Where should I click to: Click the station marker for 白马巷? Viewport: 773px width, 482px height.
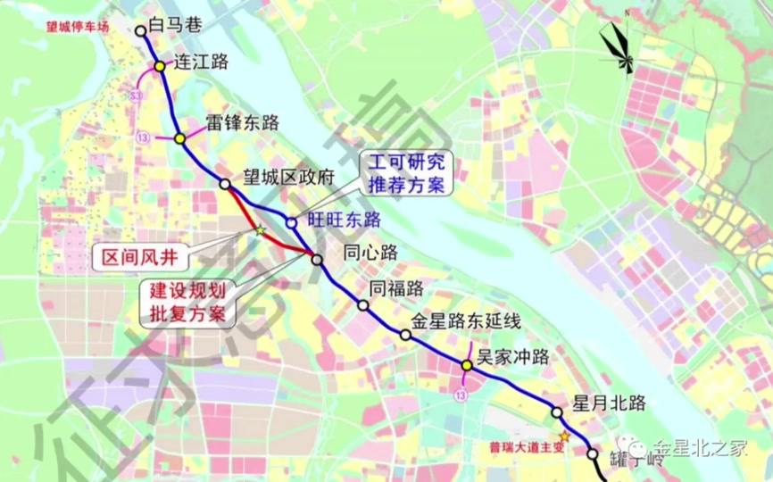[x=141, y=30]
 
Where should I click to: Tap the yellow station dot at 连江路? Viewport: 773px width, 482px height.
[x=159, y=66]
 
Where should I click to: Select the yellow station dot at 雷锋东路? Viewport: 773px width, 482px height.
[x=180, y=138]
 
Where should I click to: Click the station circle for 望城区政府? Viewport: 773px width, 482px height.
[x=225, y=184]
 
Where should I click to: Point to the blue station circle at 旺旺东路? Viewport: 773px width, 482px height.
[x=291, y=222]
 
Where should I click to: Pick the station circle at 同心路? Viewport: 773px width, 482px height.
[x=317, y=258]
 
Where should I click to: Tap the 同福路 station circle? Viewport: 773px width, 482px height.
[x=363, y=305]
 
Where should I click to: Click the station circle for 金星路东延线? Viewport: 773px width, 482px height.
[x=405, y=336]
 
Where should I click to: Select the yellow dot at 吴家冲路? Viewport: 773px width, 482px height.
[x=467, y=365]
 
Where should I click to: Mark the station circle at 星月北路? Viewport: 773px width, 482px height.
[x=557, y=413]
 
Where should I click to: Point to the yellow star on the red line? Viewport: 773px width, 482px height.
[x=260, y=230]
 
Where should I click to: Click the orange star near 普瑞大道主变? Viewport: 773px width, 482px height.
[x=564, y=436]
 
